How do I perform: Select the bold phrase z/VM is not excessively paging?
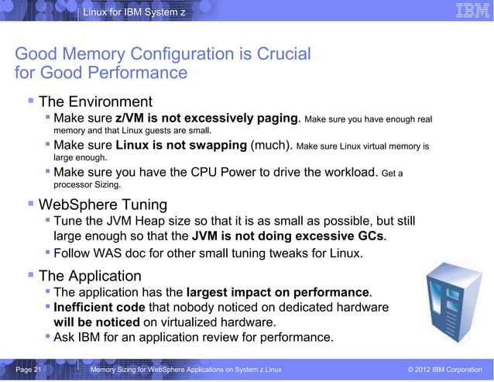(x=208, y=119)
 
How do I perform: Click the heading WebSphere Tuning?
(x=102, y=205)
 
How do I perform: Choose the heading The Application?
(x=90, y=276)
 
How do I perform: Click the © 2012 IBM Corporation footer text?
(x=444, y=372)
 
